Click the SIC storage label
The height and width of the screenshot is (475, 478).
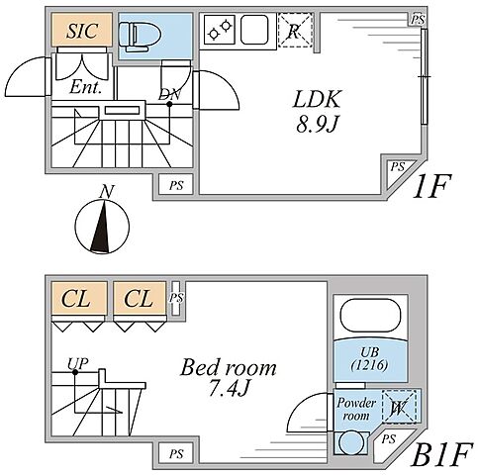(x=82, y=31)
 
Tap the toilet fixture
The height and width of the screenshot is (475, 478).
(x=140, y=37)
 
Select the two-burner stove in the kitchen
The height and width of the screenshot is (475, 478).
(x=220, y=30)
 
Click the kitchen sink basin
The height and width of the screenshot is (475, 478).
(x=253, y=30)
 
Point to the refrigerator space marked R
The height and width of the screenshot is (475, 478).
(x=295, y=31)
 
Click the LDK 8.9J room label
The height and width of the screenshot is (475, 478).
(x=317, y=111)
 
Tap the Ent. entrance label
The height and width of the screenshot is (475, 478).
(x=85, y=87)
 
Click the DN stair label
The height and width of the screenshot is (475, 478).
(x=169, y=95)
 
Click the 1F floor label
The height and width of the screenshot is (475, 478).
(x=431, y=187)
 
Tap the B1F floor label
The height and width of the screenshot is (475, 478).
(x=440, y=455)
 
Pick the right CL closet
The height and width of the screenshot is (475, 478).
(x=140, y=298)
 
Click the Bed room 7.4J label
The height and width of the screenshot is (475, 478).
(x=229, y=377)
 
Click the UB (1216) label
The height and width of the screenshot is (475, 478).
(x=369, y=359)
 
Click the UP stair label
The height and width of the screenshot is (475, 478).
(x=78, y=363)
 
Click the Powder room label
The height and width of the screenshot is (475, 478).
(x=356, y=409)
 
